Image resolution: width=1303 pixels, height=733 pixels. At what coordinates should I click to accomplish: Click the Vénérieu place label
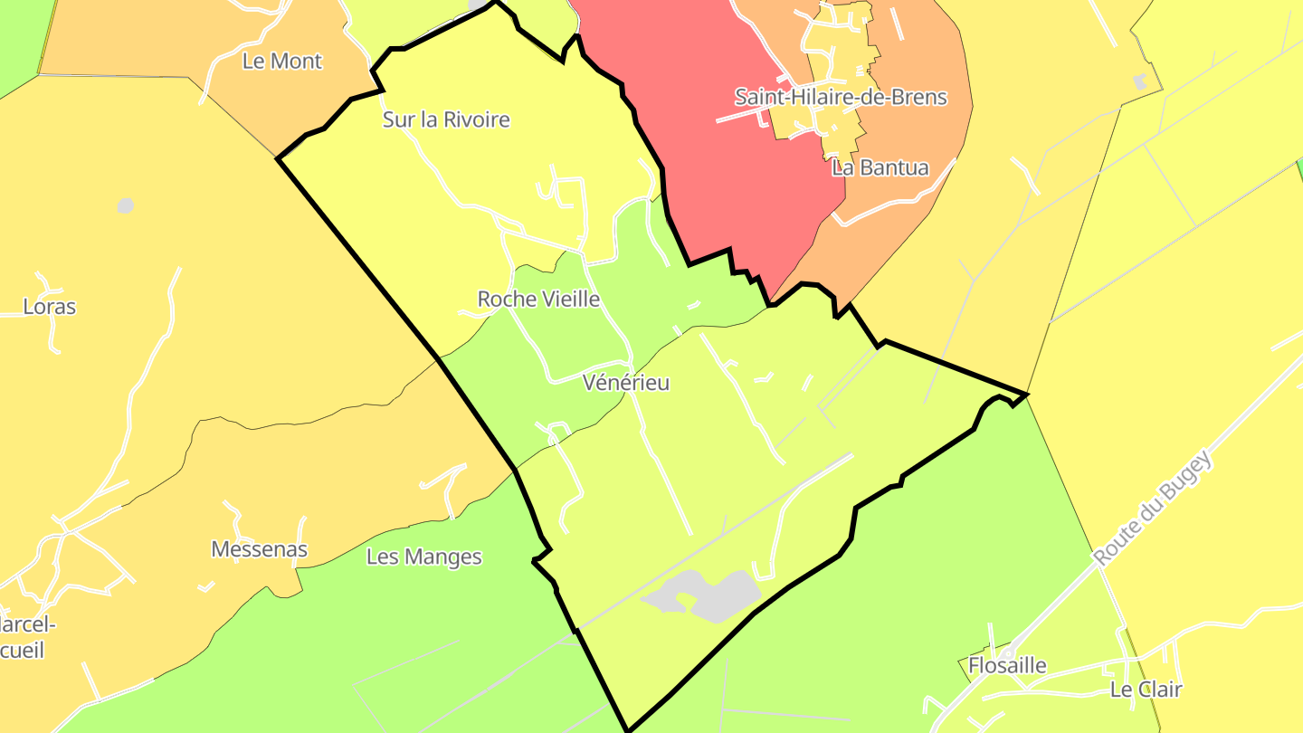(x=626, y=383)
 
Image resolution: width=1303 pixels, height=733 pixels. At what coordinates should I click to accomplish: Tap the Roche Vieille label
(x=538, y=299)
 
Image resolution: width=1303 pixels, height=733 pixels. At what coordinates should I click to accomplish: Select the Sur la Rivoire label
(x=446, y=119)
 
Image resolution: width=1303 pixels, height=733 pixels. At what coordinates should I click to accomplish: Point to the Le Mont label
(x=282, y=62)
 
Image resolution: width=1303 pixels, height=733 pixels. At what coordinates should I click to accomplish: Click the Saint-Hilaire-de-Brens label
(x=841, y=97)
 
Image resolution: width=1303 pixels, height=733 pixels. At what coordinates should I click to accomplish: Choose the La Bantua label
(x=880, y=167)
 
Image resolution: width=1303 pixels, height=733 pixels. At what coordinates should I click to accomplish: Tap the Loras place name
(x=50, y=307)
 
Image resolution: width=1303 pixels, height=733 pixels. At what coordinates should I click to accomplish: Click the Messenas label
(x=259, y=549)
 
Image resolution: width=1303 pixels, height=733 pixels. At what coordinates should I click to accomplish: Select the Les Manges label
(x=423, y=557)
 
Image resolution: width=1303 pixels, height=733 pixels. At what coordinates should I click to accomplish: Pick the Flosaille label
(x=1007, y=666)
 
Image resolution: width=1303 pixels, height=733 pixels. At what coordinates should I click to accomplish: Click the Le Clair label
(x=1146, y=690)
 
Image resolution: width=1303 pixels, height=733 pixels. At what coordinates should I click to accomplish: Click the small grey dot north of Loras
(x=126, y=205)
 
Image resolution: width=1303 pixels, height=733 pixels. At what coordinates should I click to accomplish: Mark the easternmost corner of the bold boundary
(x=1027, y=395)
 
